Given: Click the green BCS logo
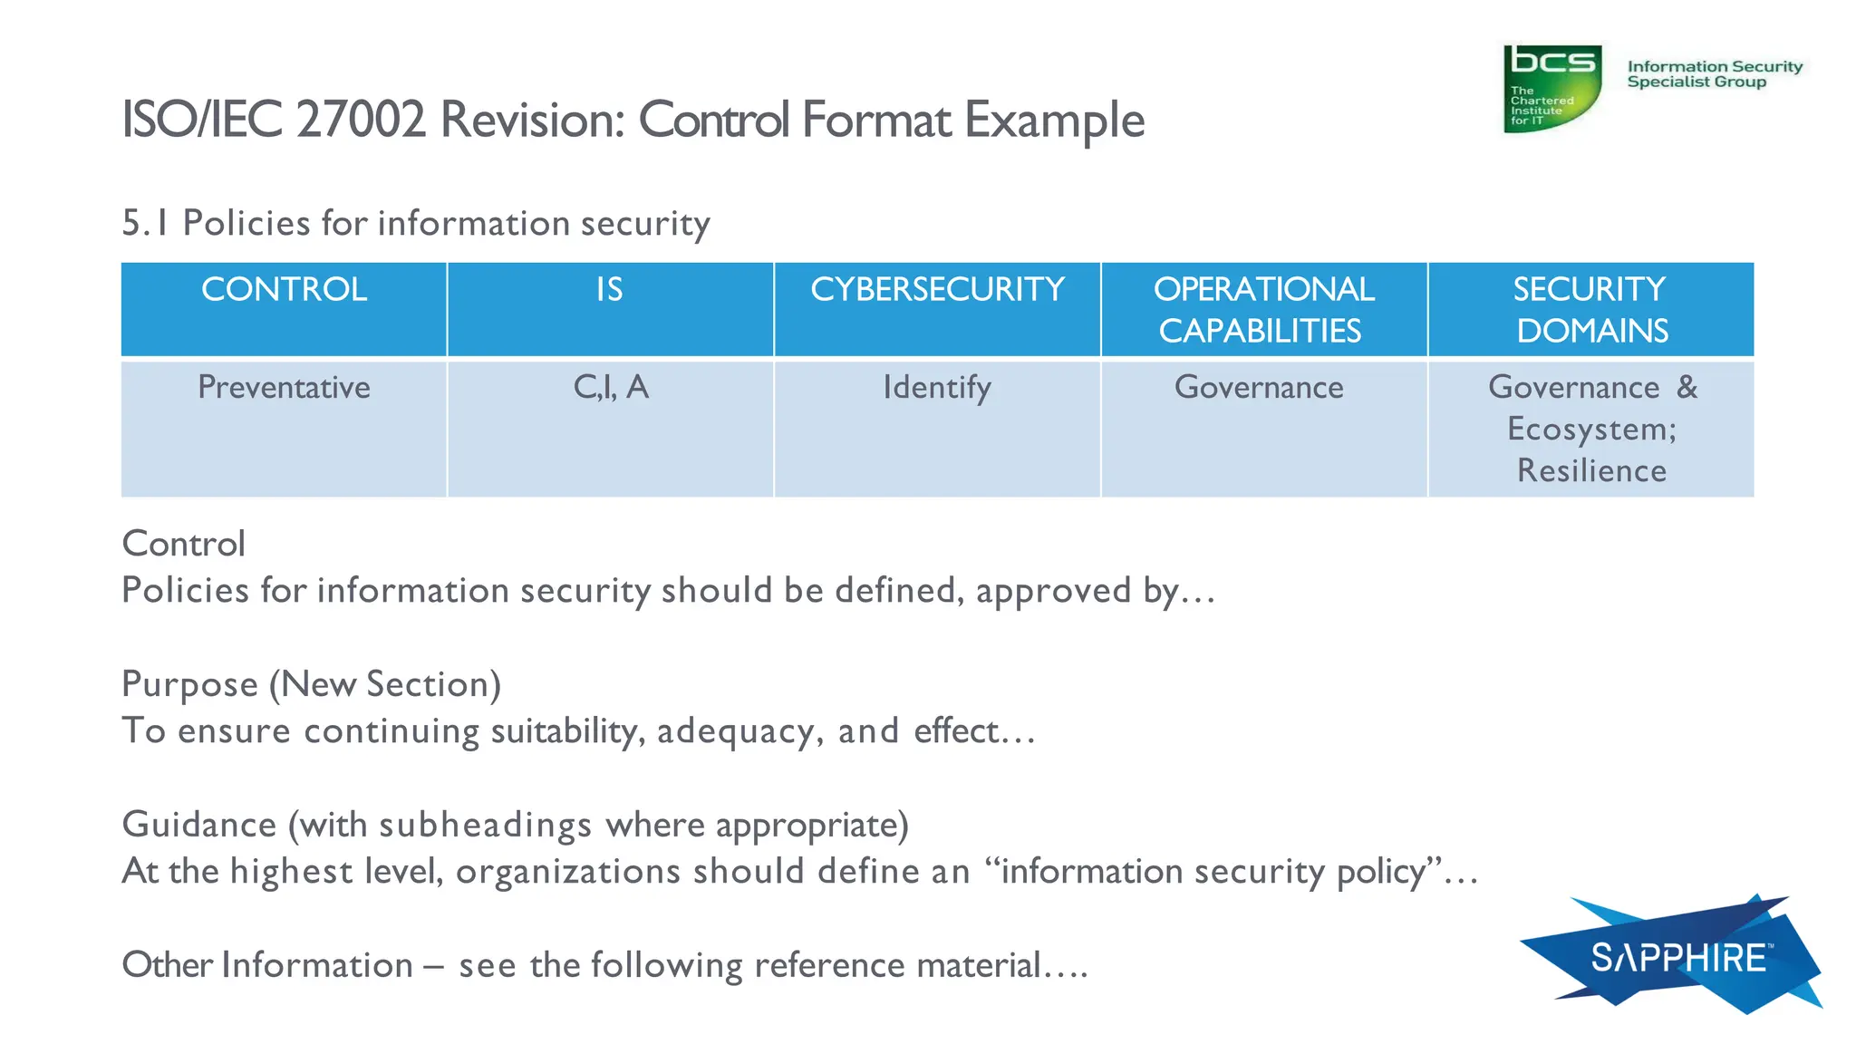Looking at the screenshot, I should [1551, 88].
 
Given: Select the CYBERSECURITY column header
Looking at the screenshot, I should [937, 290].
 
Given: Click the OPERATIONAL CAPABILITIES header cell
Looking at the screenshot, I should [1263, 310].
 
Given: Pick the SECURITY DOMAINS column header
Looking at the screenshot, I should [1590, 310].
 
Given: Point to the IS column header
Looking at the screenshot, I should [610, 290].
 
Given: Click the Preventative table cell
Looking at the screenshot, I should [284, 388].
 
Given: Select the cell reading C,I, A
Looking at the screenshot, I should [611, 388].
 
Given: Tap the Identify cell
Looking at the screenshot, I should [937, 388].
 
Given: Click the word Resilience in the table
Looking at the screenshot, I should [1591, 471].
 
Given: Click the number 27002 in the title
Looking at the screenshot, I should [360, 120].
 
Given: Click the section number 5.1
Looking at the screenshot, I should [145, 223].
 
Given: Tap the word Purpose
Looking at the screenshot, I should [189, 685].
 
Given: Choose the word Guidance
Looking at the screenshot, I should [199, 825].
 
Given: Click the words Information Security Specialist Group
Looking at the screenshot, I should [1714, 74].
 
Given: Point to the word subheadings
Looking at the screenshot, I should [485, 826].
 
